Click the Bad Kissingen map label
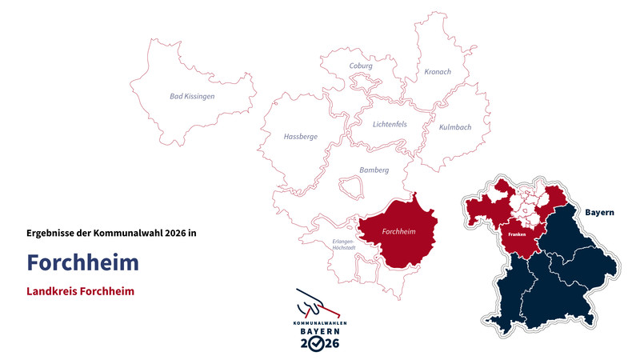tap(192, 97)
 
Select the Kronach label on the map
tap(437, 72)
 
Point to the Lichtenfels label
tap(390, 124)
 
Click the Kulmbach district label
tap(455, 127)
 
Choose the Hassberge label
tap(300, 137)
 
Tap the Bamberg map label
tap(374, 170)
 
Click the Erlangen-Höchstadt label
tap(344, 244)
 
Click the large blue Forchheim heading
tap(82, 262)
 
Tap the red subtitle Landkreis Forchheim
tap(80, 292)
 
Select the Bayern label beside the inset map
tap(599, 213)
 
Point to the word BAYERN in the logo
tap(319, 331)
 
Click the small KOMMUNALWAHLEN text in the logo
tap(319, 322)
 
